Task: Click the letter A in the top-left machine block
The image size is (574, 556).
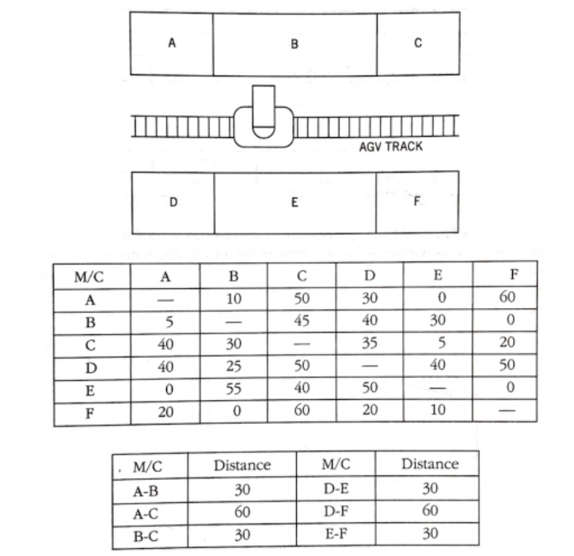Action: (172, 43)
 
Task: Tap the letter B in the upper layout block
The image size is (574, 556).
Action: (294, 44)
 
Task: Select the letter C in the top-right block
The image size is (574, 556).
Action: (417, 43)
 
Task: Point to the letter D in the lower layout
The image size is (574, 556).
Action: (173, 202)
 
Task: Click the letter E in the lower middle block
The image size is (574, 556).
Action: (294, 202)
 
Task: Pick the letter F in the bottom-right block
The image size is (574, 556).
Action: (416, 201)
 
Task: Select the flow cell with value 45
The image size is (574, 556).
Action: (302, 322)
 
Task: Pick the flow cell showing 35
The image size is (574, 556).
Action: (370, 345)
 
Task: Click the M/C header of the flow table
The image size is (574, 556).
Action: (89, 277)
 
